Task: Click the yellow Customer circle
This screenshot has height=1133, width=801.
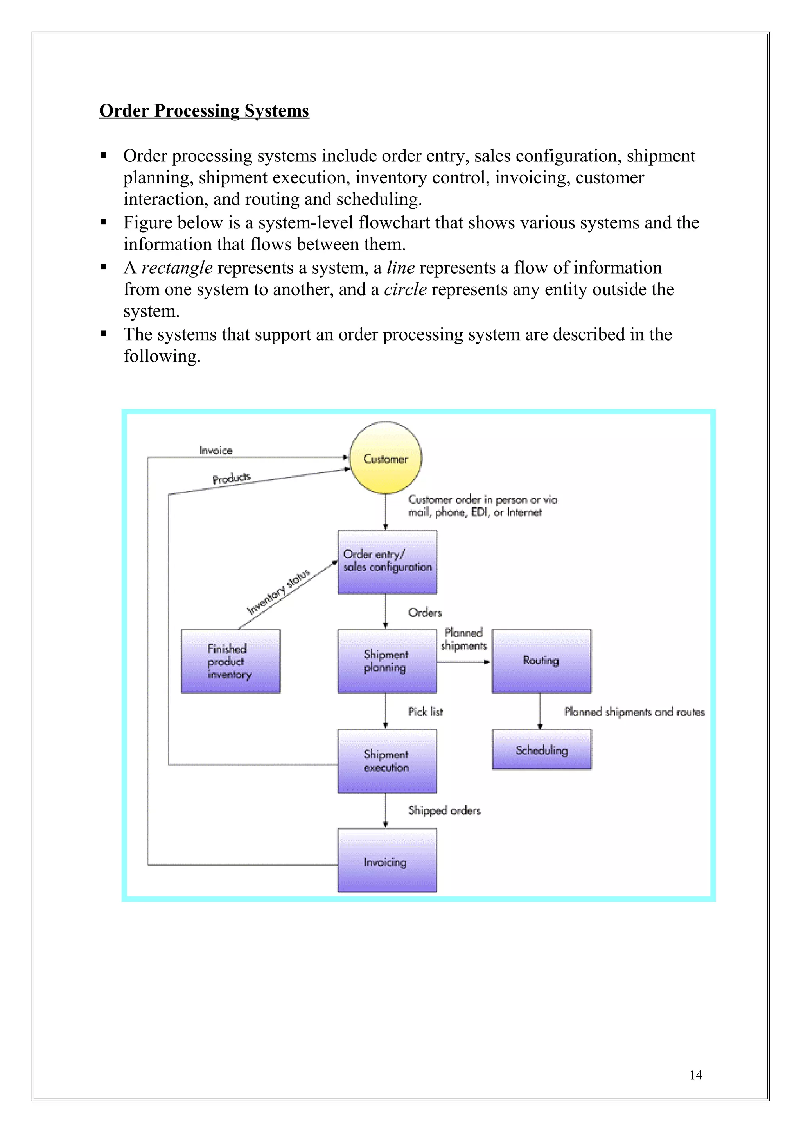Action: pyautogui.click(x=386, y=458)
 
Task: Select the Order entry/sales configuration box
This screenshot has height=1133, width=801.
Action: pyautogui.click(x=387, y=562)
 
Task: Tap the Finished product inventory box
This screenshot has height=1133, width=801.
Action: pyautogui.click(x=230, y=661)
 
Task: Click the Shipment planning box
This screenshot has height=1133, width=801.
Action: pyautogui.click(x=387, y=661)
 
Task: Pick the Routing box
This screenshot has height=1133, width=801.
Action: pyautogui.click(x=541, y=661)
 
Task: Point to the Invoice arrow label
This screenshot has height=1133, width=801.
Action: pyautogui.click(x=215, y=450)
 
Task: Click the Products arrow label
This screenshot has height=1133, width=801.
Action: pyautogui.click(x=232, y=478)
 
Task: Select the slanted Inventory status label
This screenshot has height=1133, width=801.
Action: pyautogui.click(x=278, y=592)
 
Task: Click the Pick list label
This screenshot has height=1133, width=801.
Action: pyautogui.click(x=425, y=712)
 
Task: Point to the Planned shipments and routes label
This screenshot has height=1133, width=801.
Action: pyautogui.click(x=634, y=712)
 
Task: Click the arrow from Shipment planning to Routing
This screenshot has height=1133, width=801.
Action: pyautogui.click(x=463, y=662)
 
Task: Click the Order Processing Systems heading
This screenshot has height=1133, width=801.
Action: pyautogui.click(x=204, y=111)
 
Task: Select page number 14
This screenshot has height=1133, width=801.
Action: pyautogui.click(x=695, y=1075)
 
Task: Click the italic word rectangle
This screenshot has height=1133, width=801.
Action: pyautogui.click(x=177, y=268)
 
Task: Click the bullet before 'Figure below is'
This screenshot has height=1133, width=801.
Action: pyautogui.click(x=104, y=222)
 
